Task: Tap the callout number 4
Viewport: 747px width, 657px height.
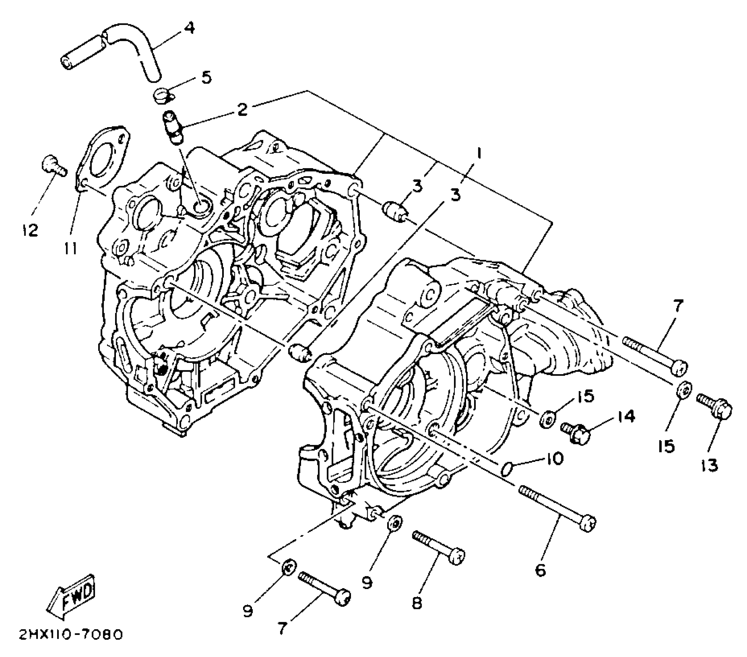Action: (189, 28)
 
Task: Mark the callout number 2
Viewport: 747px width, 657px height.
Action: (242, 109)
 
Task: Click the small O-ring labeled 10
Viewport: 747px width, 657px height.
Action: (507, 469)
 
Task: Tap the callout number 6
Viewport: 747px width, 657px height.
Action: (540, 570)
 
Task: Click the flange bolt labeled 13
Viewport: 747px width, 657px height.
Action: (715, 408)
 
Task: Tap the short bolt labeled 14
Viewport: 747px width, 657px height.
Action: (576, 433)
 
